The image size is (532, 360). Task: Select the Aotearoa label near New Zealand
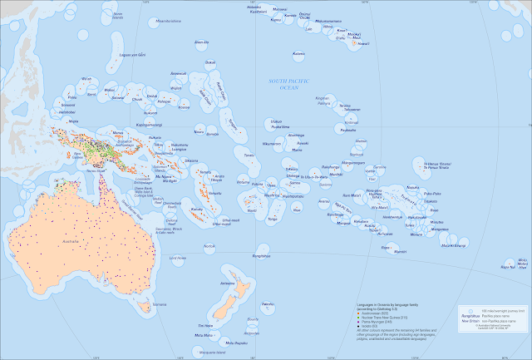click(227, 284)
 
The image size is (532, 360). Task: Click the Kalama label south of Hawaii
click(298, 54)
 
